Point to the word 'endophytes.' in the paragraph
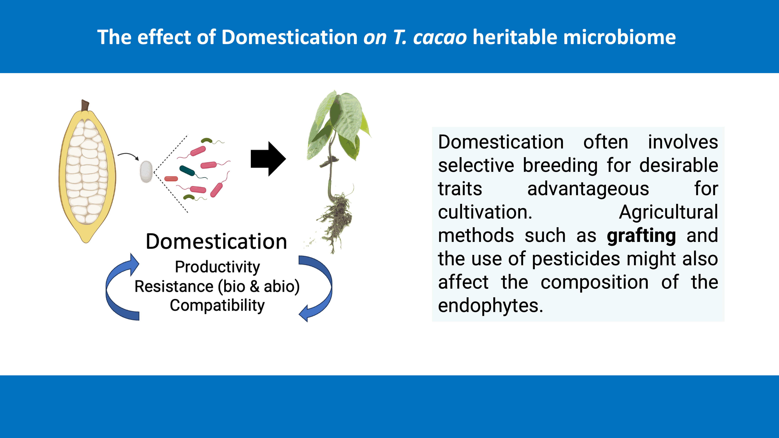point(490,306)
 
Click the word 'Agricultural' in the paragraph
point(668,212)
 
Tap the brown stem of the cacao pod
point(85,105)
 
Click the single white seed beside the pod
point(146,171)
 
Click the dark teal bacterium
point(187,171)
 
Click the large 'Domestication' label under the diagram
point(217,242)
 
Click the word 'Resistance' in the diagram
point(174,286)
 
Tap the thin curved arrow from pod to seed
point(128,156)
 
